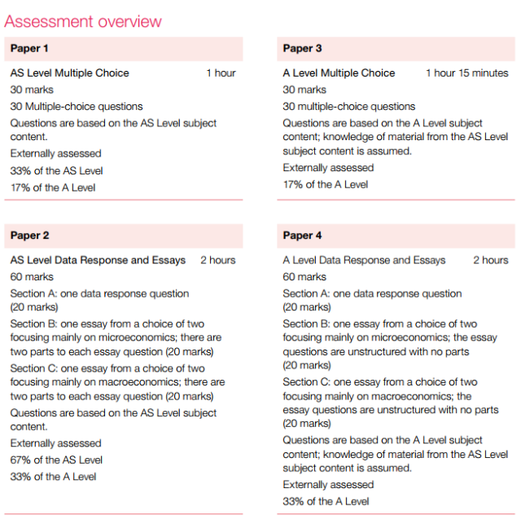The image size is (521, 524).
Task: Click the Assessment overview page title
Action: pyautogui.click(x=83, y=21)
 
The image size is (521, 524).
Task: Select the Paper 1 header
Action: pyautogui.click(x=30, y=49)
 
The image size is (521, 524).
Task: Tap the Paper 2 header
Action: pyautogui.click(x=30, y=236)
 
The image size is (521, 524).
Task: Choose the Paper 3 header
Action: pyautogui.click(x=303, y=49)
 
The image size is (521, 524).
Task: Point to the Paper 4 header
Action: pyautogui.click(x=303, y=236)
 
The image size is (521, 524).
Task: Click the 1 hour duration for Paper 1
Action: pyautogui.click(x=221, y=73)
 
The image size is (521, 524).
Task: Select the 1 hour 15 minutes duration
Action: pyautogui.click(x=466, y=73)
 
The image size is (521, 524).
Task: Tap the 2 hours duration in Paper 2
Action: pyautogui.click(x=217, y=261)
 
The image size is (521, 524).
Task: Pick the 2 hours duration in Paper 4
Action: pyautogui.click(x=491, y=261)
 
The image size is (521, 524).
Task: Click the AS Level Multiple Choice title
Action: pyautogui.click(x=70, y=73)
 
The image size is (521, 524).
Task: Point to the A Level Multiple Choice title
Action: pyautogui.click(x=339, y=73)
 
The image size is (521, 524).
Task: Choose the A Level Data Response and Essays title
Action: pyautogui.click(x=364, y=261)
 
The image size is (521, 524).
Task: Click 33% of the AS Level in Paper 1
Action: pyautogui.click(x=57, y=171)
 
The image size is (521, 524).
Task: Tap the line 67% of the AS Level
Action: pyautogui.click(x=57, y=460)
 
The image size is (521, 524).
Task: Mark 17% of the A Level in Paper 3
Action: pyautogui.click(x=326, y=184)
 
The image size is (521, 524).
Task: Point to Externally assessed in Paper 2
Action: pyautogui.click(x=56, y=443)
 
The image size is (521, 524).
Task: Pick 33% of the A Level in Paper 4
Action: pyautogui.click(x=326, y=501)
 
